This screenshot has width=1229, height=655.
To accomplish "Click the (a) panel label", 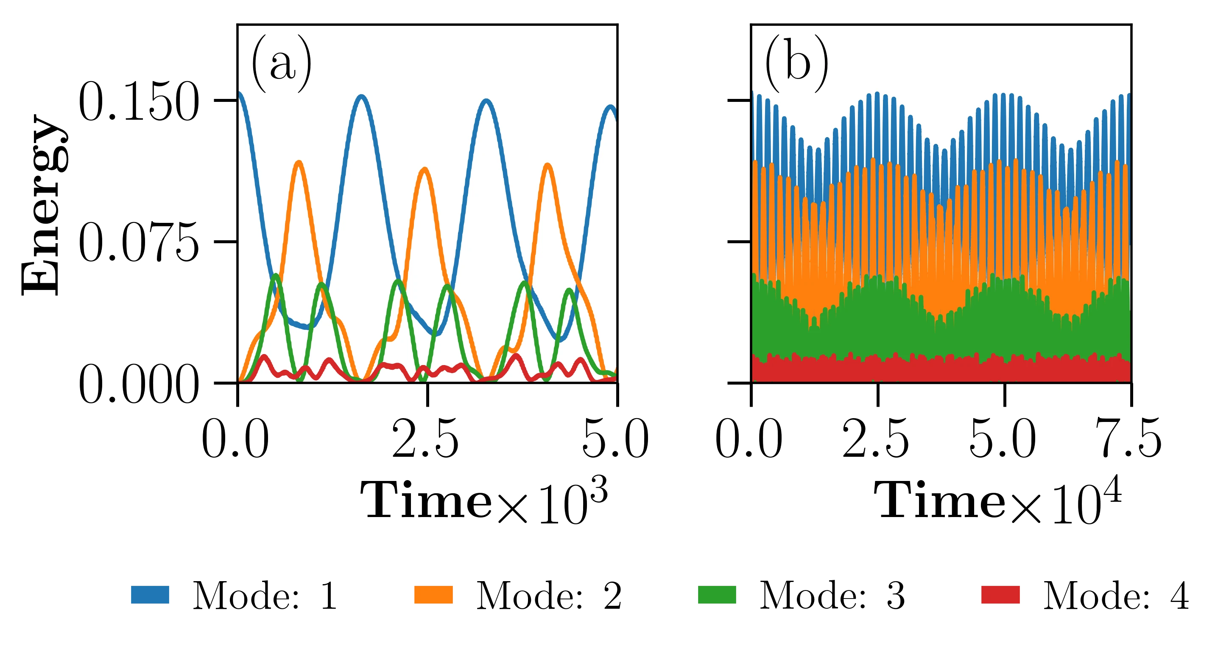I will point(282,65).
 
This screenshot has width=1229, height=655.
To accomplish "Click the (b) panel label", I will point(796,65).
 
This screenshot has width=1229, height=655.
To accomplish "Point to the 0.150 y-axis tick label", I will point(138,101).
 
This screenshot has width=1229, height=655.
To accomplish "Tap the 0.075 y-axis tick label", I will point(138,242).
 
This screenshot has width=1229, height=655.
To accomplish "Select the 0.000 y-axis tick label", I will point(138,384).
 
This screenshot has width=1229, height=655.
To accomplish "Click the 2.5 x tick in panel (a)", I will point(425,438).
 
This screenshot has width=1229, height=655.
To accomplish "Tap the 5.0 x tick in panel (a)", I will point(614,438).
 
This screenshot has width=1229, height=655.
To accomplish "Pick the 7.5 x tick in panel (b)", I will point(1129,438).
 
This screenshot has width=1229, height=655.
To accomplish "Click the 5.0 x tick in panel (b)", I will point(1003,438).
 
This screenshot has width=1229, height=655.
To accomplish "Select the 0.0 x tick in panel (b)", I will point(749,438).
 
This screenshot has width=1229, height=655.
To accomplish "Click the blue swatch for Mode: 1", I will point(149,594).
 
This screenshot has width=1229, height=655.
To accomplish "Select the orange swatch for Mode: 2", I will point(434,594).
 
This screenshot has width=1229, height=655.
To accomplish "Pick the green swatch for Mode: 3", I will point(716,594).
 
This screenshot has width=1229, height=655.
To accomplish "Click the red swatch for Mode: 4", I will point(1000,594).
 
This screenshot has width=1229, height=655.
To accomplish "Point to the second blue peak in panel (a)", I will point(362,97).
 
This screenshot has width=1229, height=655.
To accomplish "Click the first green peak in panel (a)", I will point(276,276).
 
